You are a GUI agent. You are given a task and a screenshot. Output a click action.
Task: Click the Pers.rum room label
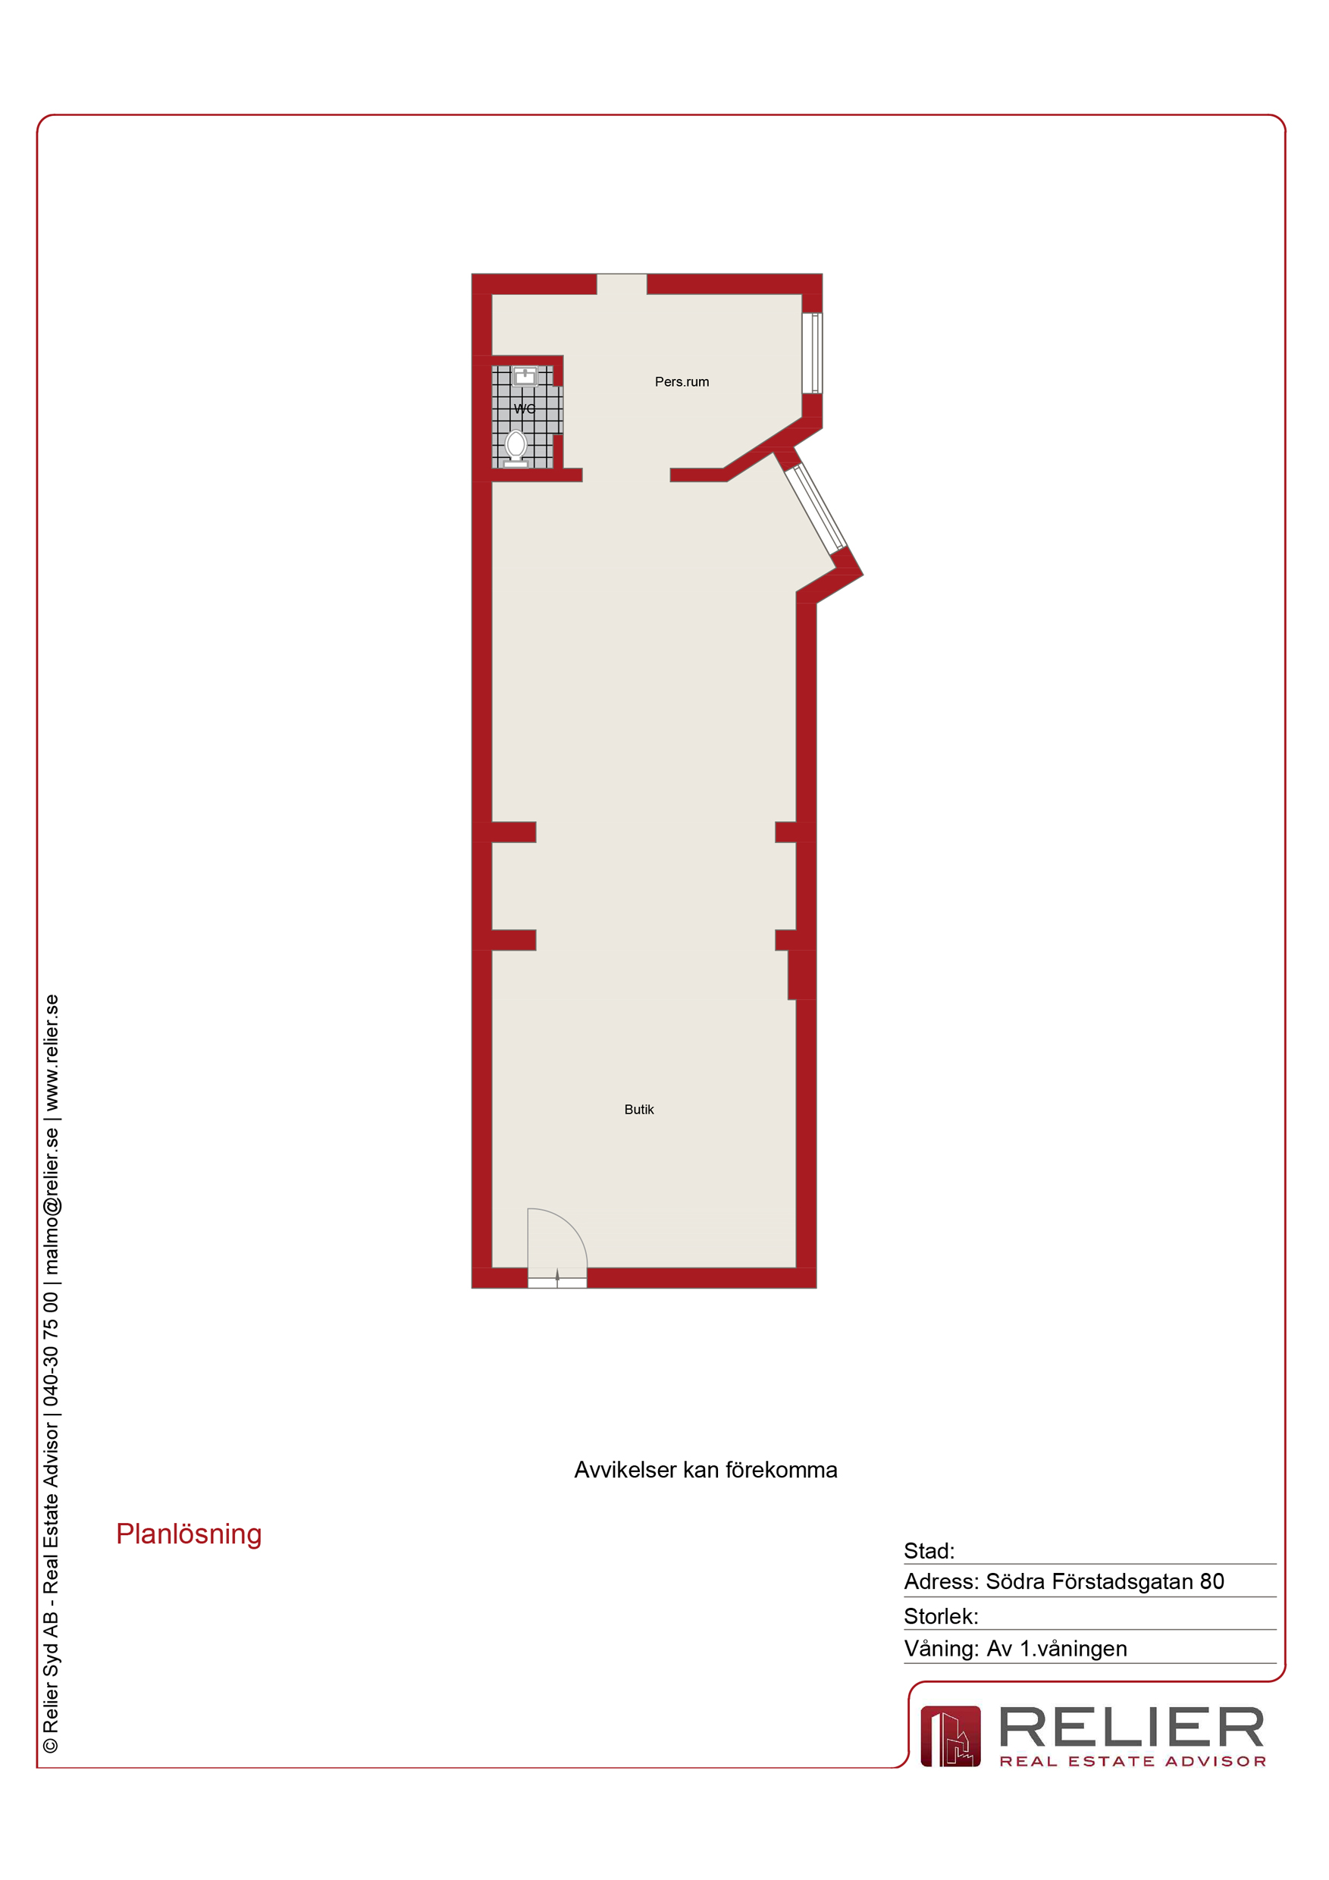(682, 381)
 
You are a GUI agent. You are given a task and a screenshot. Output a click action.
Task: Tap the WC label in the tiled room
(524, 409)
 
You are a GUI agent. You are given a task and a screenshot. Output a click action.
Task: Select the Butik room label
(638, 1110)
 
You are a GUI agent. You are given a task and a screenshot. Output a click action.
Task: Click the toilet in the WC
(516, 449)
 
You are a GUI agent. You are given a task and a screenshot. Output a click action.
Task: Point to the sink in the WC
(525, 377)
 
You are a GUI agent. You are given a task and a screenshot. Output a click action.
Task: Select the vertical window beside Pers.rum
(811, 353)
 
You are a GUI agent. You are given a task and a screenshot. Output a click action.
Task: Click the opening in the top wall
(622, 284)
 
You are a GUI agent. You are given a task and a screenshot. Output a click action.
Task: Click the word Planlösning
(190, 1534)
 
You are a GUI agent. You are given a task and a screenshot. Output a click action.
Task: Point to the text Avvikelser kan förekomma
(705, 1470)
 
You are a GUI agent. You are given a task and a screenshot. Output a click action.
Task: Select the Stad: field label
(929, 1551)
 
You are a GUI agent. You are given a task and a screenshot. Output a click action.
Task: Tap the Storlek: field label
(941, 1616)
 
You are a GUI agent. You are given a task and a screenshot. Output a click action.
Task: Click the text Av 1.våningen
(1056, 1648)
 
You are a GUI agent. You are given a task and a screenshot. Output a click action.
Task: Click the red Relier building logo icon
(950, 1736)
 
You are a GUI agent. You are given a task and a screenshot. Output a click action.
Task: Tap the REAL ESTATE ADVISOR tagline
(1133, 1761)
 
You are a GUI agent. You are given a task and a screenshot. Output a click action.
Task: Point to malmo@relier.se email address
(52, 1202)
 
